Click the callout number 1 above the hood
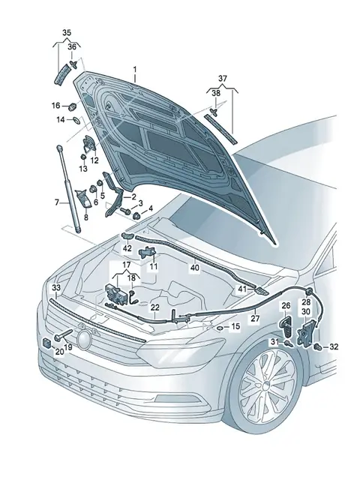[135, 70]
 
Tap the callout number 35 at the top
[67, 32]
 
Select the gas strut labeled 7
[68, 189]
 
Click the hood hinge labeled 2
[115, 194]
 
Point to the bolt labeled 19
[63, 334]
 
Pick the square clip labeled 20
[48, 343]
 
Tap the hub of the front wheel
[267, 386]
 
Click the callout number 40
[195, 267]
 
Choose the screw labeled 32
[317, 346]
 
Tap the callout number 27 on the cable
[255, 318]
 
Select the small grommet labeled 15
[220, 328]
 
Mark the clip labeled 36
[73, 64]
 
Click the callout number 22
[155, 307]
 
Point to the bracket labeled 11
[148, 252]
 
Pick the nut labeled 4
[136, 216]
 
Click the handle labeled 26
[286, 328]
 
